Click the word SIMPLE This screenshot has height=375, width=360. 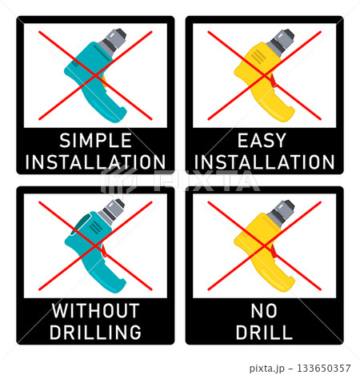click(95, 141)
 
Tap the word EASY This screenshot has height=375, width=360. click(262, 141)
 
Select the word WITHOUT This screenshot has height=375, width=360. click(95, 310)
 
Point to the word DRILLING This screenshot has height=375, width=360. click(95, 332)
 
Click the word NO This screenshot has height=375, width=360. click(264, 310)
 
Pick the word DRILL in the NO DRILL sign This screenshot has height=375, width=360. click(264, 332)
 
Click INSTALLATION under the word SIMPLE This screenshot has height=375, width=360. click(95, 162)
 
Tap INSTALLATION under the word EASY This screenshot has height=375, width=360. click(264, 162)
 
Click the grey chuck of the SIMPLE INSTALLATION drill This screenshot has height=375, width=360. click(113, 42)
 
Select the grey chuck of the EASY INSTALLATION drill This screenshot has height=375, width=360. click(282, 42)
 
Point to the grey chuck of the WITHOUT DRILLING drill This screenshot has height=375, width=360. click(112, 212)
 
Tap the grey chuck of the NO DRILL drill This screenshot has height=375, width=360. click(282, 213)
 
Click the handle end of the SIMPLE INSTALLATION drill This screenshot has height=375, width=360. click(118, 114)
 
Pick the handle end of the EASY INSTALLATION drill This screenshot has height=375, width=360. click(286, 114)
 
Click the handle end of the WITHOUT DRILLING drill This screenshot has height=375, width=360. click(118, 285)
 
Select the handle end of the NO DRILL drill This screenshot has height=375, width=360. click(286, 285)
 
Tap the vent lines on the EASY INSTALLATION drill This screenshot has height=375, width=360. click(258, 57)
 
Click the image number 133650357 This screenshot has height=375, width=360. click(323, 369)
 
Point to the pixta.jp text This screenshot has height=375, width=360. click(267, 369)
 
